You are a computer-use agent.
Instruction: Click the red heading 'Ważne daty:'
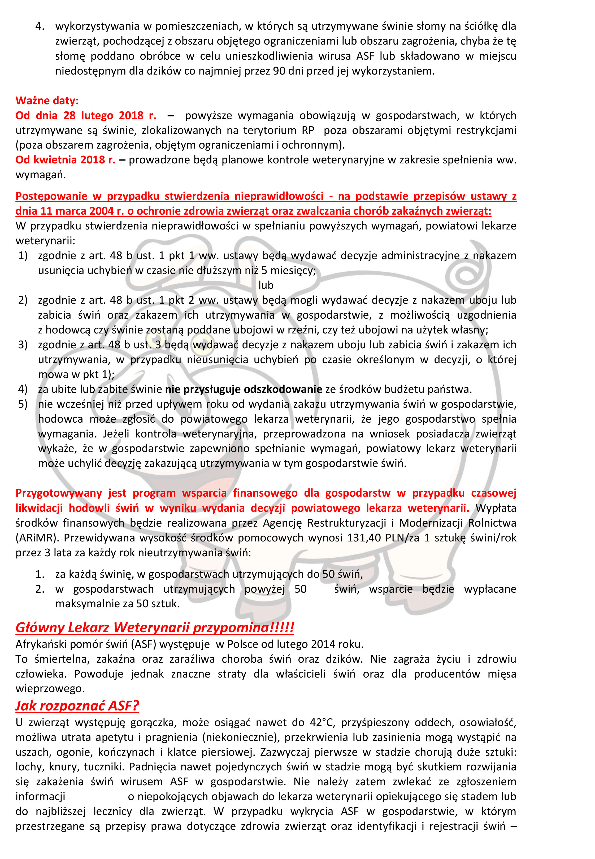pyautogui.click(x=47, y=100)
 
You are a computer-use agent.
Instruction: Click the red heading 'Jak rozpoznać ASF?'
pyautogui.click(x=77, y=705)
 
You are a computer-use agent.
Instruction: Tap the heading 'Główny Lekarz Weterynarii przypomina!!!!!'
pyautogui.click(x=154, y=627)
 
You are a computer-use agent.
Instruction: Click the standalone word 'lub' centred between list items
pyautogui.click(x=266, y=285)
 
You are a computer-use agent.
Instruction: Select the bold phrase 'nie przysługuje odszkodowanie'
pyautogui.click(x=244, y=389)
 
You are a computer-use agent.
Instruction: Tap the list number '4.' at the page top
pyautogui.click(x=40, y=26)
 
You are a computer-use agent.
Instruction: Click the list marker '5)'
pyautogui.click(x=23, y=404)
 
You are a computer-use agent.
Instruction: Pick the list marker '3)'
pyautogui.click(x=23, y=345)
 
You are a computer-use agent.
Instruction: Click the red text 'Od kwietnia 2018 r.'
pyautogui.click(x=65, y=160)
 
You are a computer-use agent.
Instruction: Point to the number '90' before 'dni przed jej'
pyautogui.click(x=279, y=71)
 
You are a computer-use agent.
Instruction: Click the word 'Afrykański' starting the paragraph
pyautogui.click(x=41, y=644)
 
